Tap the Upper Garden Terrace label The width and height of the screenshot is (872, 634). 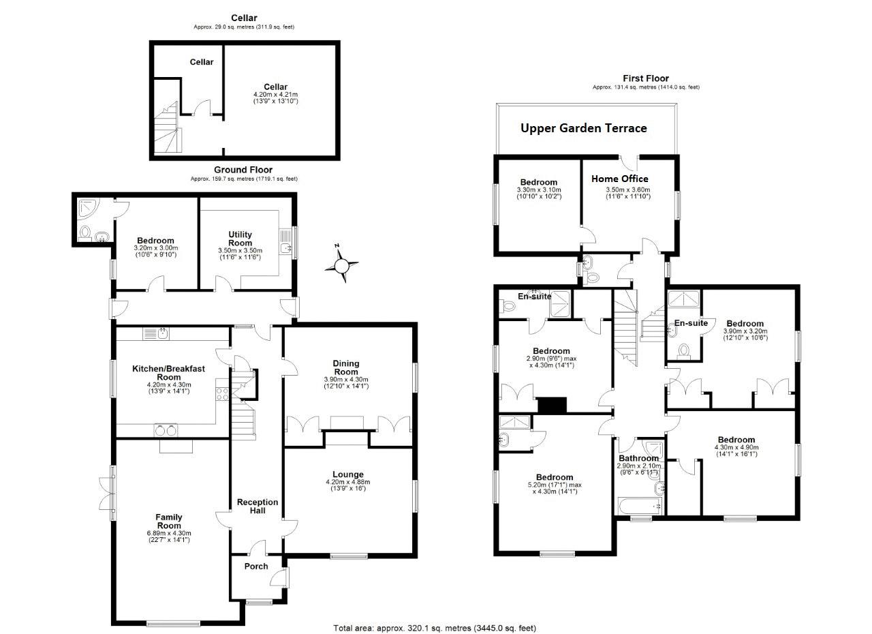tap(583, 128)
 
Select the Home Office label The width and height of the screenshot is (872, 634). tap(619, 179)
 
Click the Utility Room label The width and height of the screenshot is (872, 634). tap(240, 239)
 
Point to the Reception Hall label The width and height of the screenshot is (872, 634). tap(258, 507)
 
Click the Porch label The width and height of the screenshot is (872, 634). tap(256, 566)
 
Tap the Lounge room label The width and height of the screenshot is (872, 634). tap(347, 474)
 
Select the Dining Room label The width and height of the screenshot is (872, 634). tap(346, 367)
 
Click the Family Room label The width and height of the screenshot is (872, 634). tap(168, 522)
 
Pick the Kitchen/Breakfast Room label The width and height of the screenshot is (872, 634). tap(168, 372)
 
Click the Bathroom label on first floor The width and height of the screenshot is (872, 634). tap(638, 458)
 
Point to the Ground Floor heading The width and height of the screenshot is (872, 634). tap(243, 170)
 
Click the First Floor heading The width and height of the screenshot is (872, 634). tap(645, 78)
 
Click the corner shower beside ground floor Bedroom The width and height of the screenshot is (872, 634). tap(88, 207)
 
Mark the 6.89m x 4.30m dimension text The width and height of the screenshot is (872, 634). tap(168, 533)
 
